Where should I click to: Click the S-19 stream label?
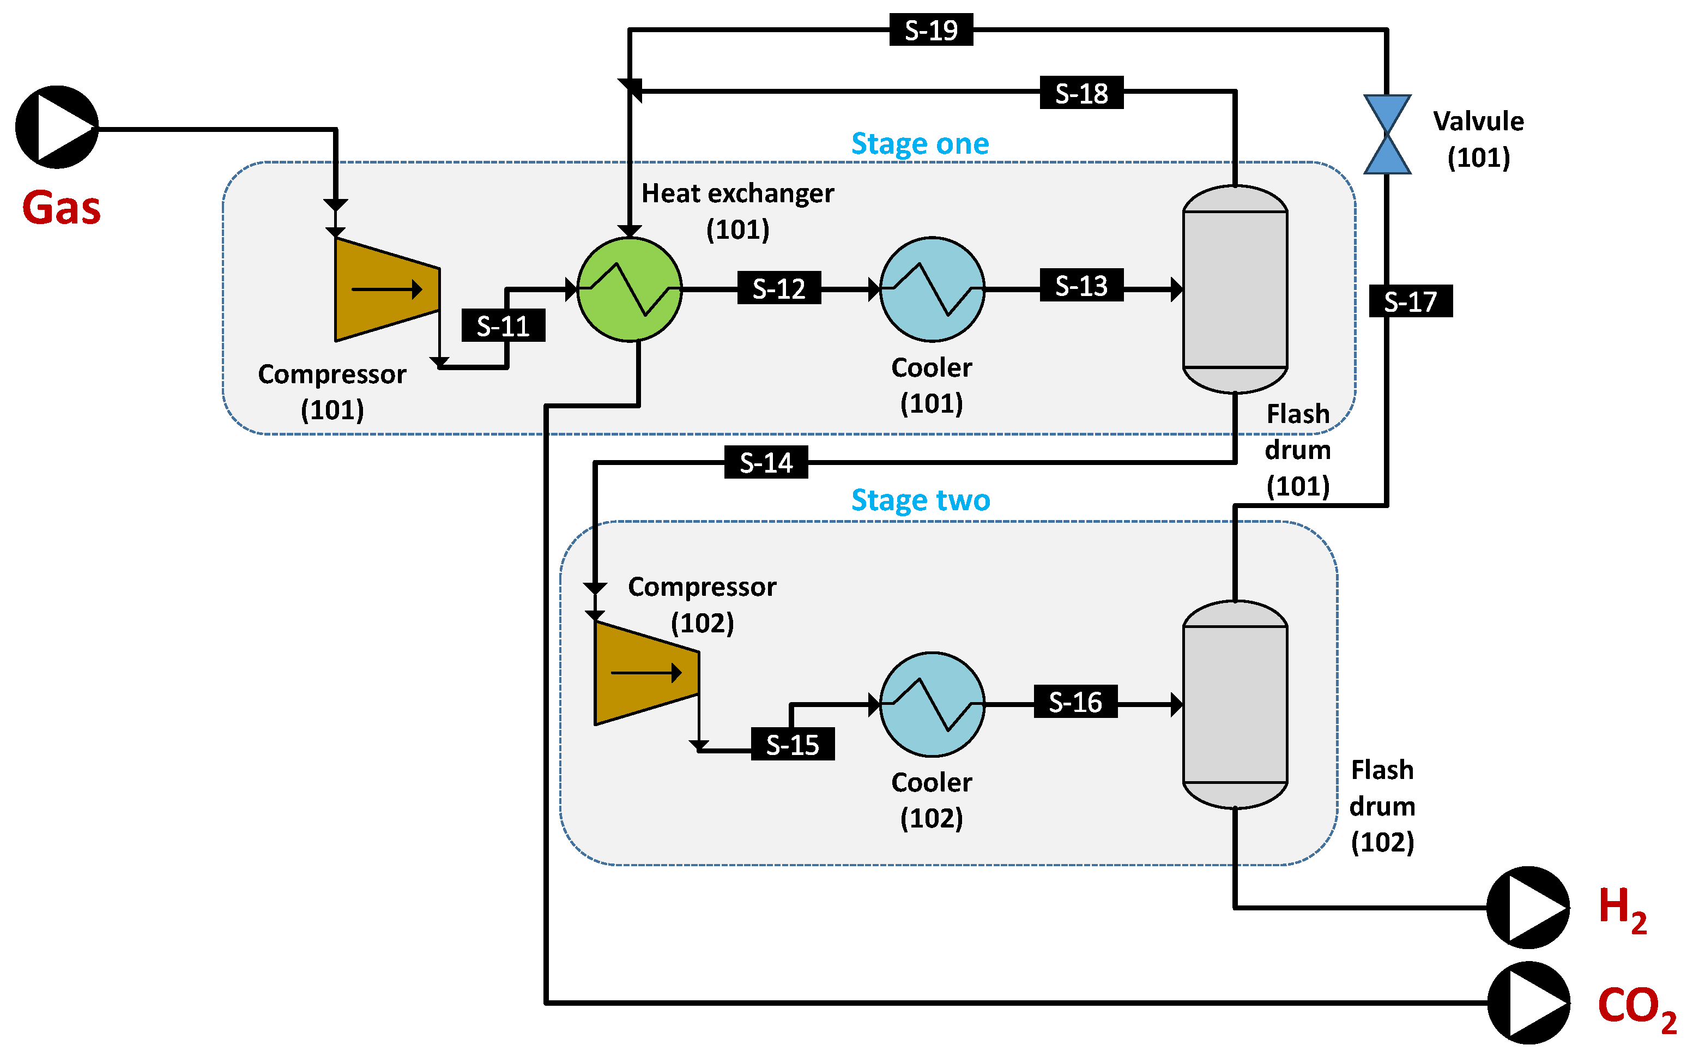click(x=930, y=30)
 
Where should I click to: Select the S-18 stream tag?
click(x=1081, y=93)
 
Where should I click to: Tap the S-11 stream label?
click(x=503, y=326)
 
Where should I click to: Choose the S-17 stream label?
click(x=1410, y=301)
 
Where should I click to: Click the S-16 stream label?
click(x=1074, y=702)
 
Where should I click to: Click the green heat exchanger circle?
click(x=629, y=289)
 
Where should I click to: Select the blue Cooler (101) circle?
click(x=931, y=289)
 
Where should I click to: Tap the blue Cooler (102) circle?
click(x=931, y=705)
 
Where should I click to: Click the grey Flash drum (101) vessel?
click(x=1235, y=289)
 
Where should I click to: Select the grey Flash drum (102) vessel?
click(x=1235, y=705)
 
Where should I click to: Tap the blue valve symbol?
click(x=1387, y=134)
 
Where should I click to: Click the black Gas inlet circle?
click(x=57, y=127)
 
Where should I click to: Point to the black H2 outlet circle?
click(x=1528, y=908)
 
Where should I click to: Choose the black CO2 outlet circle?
click(x=1528, y=1002)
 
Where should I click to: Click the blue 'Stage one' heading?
click(x=920, y=144)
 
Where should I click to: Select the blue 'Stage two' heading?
click(x=920, y=500)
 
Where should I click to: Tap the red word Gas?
click(x=62, y=208)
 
